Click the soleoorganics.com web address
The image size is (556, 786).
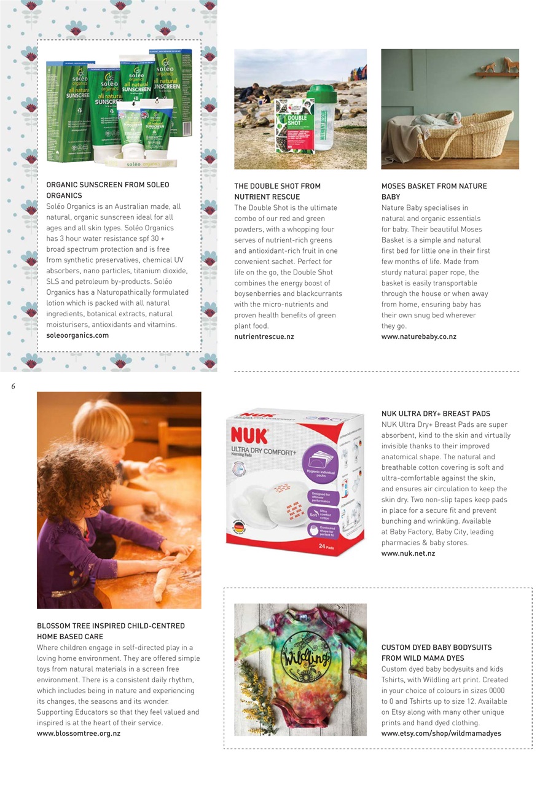click(77, 335)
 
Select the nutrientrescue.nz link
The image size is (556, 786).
click(264, 337)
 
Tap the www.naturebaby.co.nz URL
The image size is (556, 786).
click(418, 337)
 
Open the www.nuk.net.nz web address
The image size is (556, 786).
click(408, 553)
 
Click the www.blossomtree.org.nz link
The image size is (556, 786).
click(79, 733)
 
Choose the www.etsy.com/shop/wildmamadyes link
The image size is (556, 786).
click(441, 733)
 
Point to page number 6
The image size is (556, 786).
click(13, 386)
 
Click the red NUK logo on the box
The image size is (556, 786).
click(249, 436)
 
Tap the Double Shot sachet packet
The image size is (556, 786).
click(294, 133)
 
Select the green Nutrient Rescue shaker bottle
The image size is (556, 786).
click(325, 126)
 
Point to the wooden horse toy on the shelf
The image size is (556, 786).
click(508, 64)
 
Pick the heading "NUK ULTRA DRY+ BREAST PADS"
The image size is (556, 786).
click(436, 414)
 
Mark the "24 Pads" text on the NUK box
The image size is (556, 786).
click(326, 545)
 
